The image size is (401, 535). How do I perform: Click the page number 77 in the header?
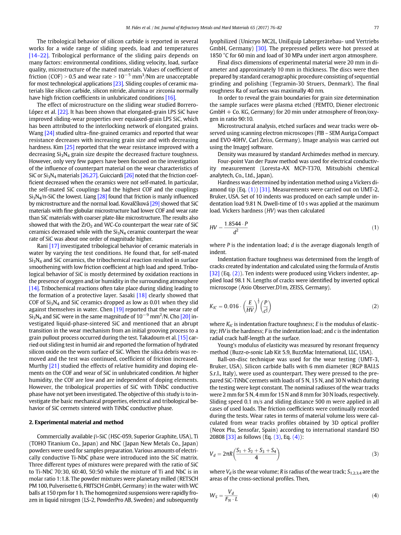(376, 28)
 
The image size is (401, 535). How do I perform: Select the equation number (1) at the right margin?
(375, 228)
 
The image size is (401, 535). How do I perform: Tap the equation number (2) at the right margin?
(375, 306)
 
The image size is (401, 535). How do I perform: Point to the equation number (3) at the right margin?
(375, 454)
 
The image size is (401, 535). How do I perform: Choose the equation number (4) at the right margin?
(375, 495)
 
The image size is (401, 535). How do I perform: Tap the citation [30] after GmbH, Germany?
(261, 49)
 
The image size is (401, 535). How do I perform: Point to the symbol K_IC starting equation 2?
(213, 307)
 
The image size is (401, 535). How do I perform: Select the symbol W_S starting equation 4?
(213, 495)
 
